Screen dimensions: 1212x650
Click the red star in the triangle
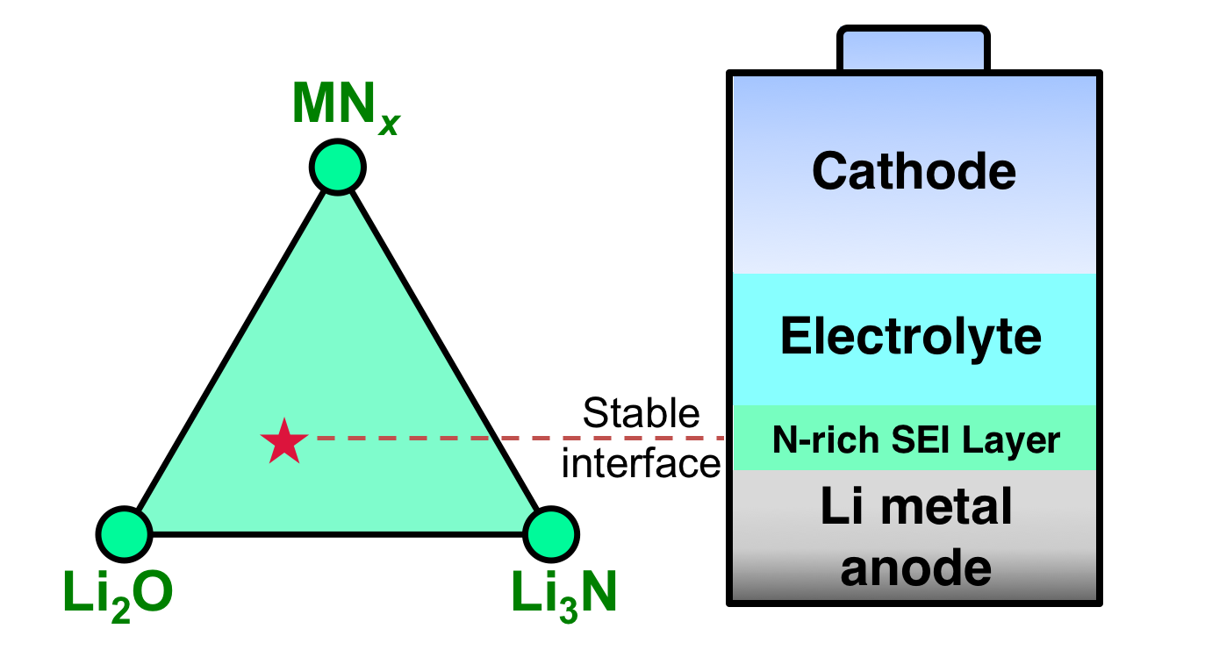click(x=284, y=441)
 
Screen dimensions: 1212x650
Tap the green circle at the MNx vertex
click(x=338, y=167)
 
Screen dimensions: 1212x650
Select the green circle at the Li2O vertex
click(x=125, y=534)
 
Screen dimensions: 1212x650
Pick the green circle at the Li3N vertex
click(x=551, y=534)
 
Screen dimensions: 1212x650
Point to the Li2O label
click(x=118, y=596)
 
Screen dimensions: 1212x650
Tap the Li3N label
click(x=563, y=596)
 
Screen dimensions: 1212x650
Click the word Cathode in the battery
click(x=914, y=171)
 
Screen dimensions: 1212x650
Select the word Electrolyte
click(x=911, y=337)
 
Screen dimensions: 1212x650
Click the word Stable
click(x=642, y=413)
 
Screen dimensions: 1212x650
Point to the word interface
click(x=642, y=464)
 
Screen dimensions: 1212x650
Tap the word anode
click(x=916, y=568)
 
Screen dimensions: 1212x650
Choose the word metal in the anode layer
click(x=946, y=506)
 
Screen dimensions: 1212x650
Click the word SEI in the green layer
click(x=920, y=439)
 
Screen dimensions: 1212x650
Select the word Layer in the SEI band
click(x=1011, y=441)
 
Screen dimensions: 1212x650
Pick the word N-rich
click(x=826, y=439)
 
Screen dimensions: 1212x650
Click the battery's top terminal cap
click(x=914, y=48)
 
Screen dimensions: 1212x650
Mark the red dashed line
click(x=520, y=438)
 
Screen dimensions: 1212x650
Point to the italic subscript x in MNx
click(x=389, y=125)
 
